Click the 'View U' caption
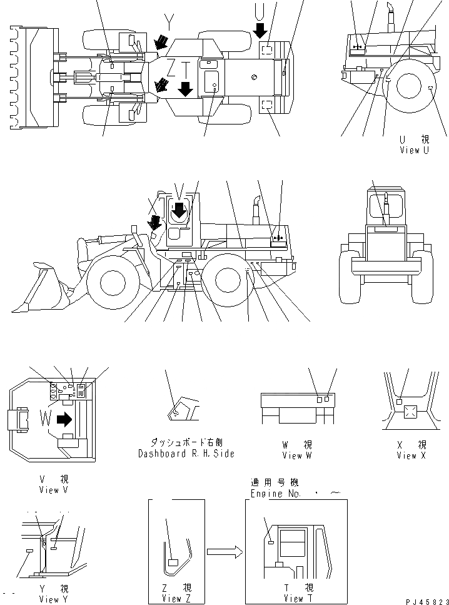tap(414, 151)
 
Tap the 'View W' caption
tap(296, 455)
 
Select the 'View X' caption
tap(411, 455)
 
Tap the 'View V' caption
tap(53, 490)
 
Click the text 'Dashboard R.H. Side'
tap(186, 454)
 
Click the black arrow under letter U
tap(261, 29)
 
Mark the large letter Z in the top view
tap(171, 67)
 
